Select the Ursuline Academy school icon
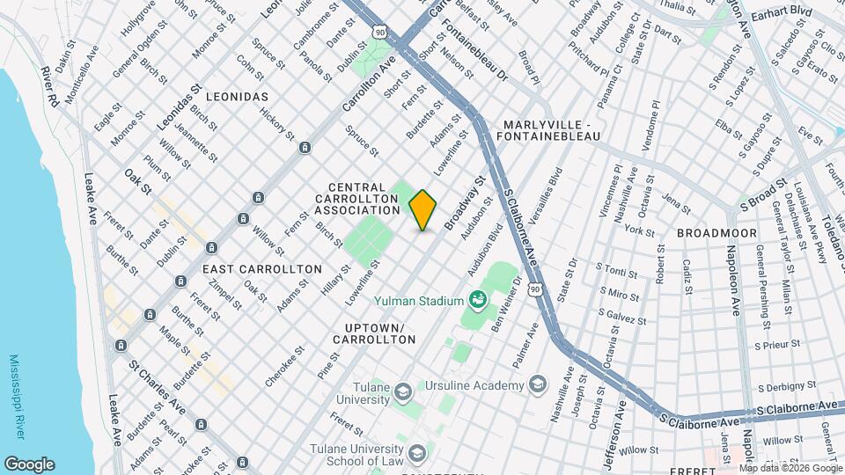(537, 385)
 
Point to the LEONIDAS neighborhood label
(235, 95)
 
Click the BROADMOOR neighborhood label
(712, 233)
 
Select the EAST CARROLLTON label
(250, 268)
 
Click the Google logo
(29, 464)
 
